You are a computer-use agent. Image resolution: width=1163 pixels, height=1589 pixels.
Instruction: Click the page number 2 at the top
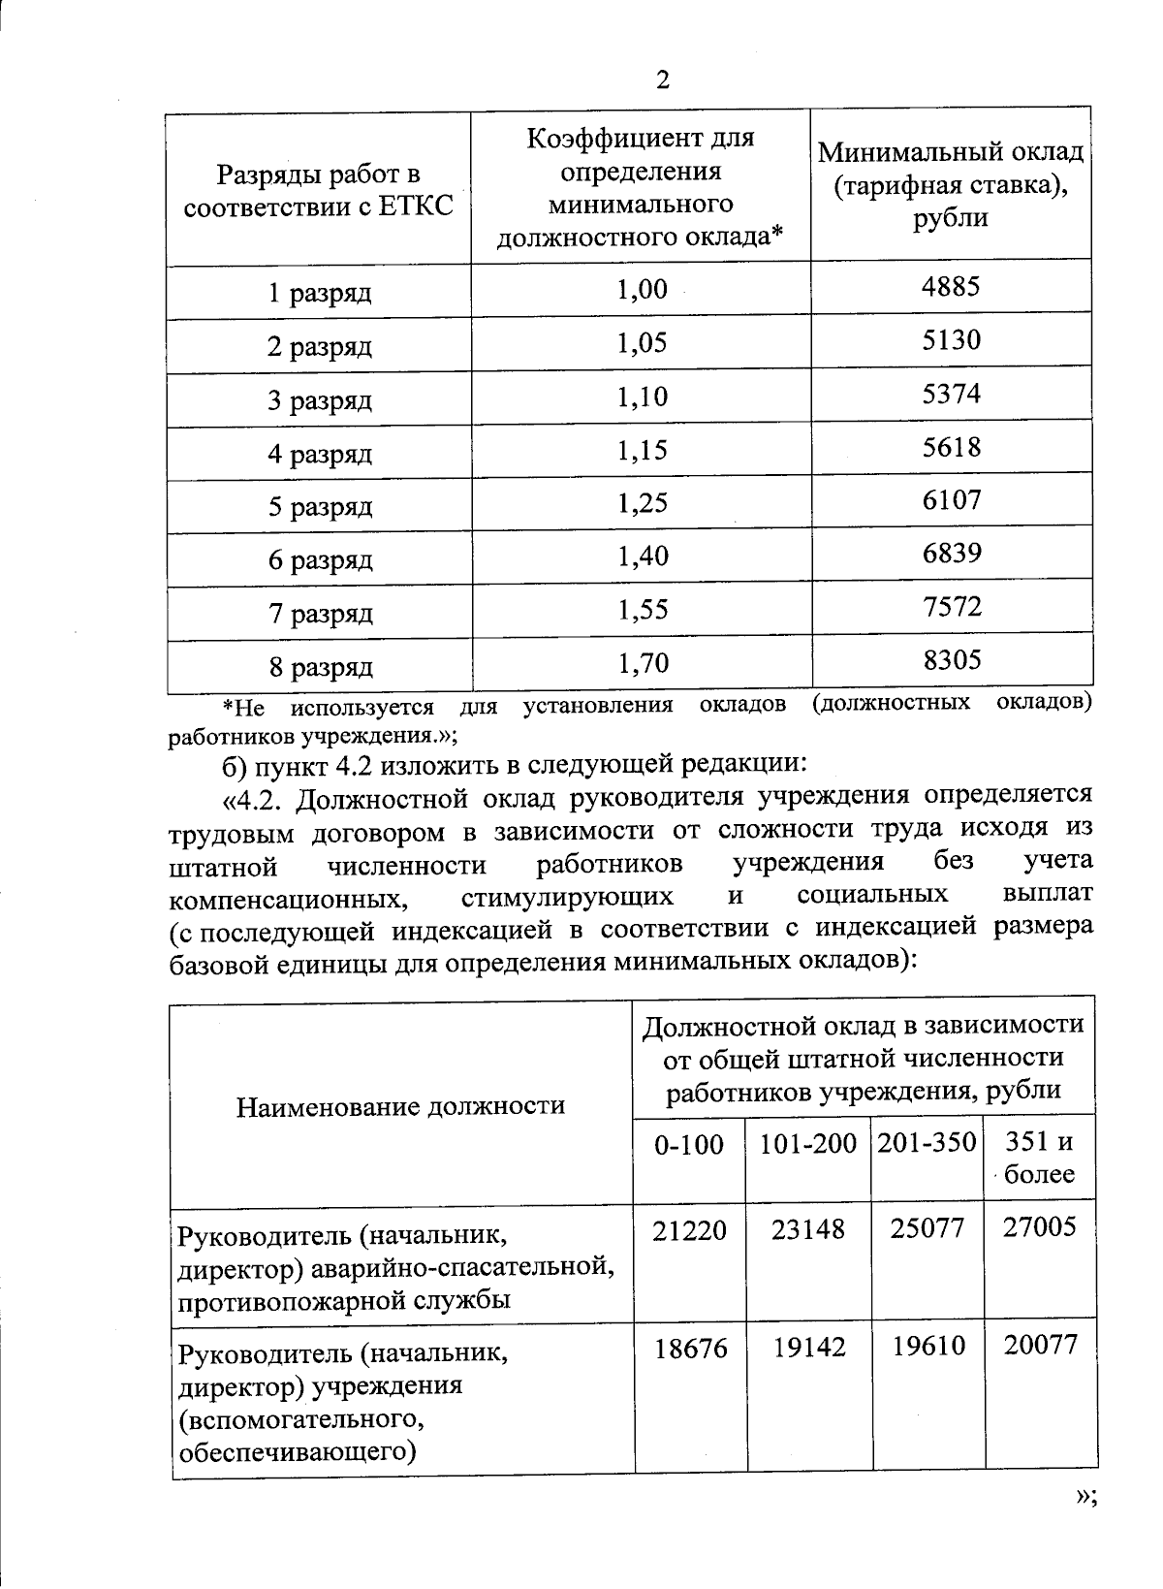663,80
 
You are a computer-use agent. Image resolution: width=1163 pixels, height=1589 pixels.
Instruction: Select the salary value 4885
952,286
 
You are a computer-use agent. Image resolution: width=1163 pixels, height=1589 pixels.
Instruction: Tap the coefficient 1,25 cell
642,503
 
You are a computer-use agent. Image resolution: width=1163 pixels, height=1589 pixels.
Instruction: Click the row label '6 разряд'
320,560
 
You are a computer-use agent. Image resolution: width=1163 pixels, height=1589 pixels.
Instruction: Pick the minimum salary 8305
952,661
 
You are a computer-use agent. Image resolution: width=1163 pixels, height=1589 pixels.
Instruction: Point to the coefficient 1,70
642,664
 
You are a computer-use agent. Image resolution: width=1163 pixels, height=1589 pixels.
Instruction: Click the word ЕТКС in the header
418,207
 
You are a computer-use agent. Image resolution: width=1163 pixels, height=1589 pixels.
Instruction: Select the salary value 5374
952,394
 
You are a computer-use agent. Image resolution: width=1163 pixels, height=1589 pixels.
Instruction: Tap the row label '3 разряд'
320,400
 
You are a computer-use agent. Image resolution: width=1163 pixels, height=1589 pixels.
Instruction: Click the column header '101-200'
807,1145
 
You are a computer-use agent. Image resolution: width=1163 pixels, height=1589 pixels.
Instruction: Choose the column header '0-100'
689,1146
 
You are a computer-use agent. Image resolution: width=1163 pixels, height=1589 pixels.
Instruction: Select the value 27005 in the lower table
1039,1228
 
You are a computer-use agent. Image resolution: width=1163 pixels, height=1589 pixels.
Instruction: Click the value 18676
690,1348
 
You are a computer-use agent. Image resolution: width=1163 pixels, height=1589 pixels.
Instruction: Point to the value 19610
928,1347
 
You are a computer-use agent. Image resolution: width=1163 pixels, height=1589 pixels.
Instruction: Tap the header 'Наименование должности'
400,1106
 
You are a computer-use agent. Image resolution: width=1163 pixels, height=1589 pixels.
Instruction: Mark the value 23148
808,1229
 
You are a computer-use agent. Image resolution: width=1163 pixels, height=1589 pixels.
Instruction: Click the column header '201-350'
927,1143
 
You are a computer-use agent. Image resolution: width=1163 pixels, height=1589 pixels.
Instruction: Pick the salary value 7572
952,607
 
